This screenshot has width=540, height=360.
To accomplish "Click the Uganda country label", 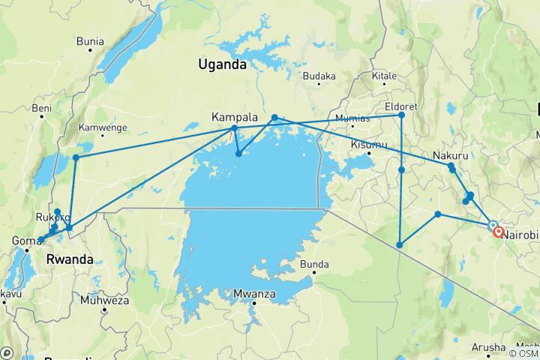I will click(222, 64).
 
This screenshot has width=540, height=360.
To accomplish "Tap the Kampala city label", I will click(235, 117).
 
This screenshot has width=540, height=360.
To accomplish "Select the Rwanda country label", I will click(69, 259).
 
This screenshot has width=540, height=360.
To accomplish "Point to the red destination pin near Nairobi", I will click(498, 232).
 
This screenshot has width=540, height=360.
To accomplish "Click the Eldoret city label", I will click(400, 106).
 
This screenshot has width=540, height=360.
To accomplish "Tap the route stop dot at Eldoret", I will click(402, 115).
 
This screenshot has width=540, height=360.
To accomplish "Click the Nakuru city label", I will click(451, 155).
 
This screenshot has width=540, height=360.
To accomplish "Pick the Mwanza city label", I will click(253, 293).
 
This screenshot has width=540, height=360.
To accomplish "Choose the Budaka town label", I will click(319, 76).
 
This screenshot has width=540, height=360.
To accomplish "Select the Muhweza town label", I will click(104, 300).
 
